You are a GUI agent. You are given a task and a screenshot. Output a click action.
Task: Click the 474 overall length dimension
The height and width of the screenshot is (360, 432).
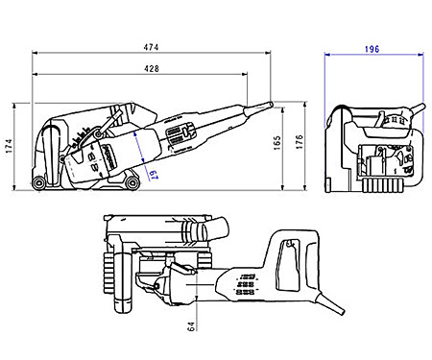click(x=149, y=46)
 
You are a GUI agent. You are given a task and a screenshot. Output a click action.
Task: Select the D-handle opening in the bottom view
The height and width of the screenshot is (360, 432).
click(x=285, y=254)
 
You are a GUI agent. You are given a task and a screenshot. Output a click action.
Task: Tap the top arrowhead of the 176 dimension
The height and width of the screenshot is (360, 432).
click(x=305, y=100)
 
